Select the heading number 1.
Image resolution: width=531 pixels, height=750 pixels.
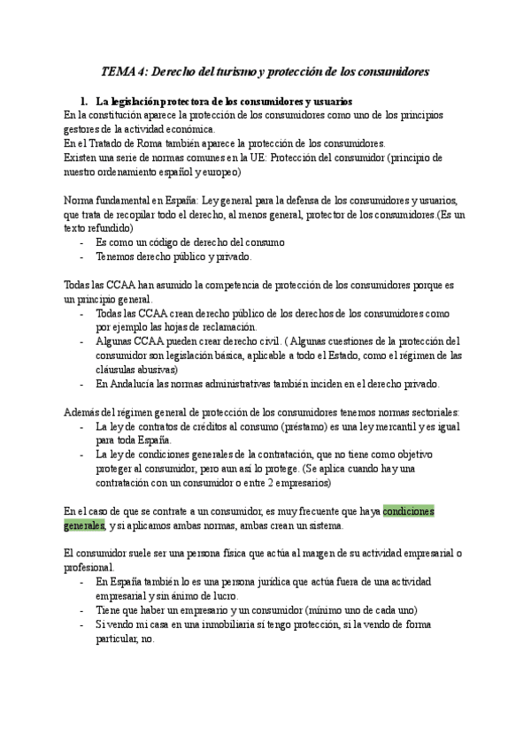pyautogui.click(x=83, y=102)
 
